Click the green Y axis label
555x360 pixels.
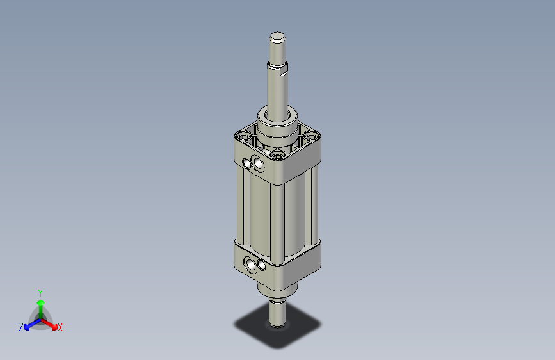[x=40, y=291]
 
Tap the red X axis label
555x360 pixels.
[x=60, y=328]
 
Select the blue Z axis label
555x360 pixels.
[x=20, y=327]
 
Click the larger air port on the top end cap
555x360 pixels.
[x=259, y=165]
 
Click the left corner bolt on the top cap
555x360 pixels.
[x=242, y=136]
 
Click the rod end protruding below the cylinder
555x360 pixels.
[x=277, y=314]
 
